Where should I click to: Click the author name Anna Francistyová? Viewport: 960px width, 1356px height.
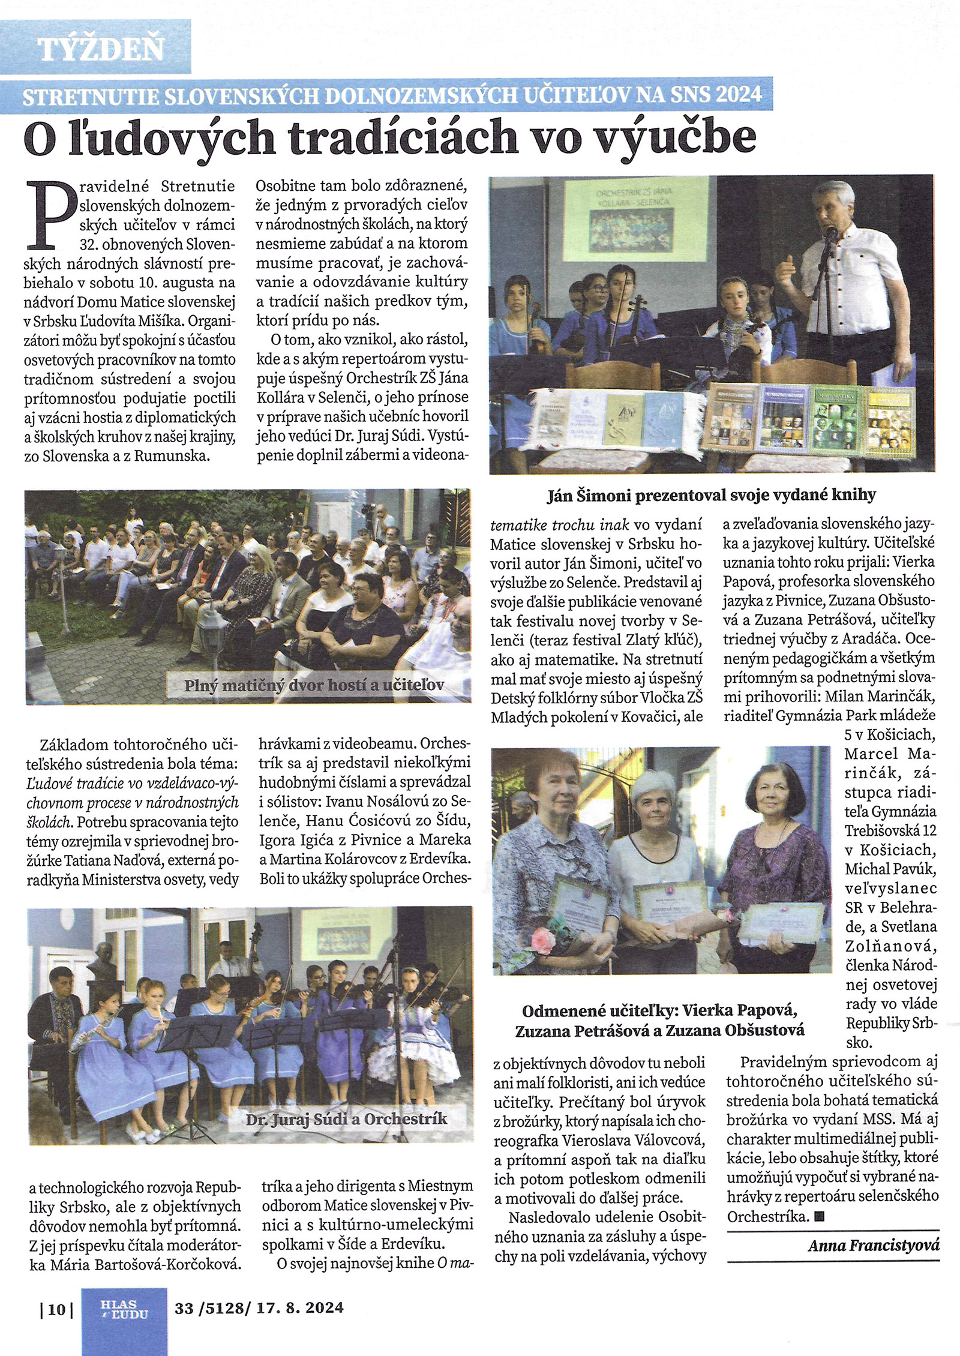coord(873,1246)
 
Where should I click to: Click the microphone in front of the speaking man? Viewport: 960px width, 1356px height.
coord(831,234)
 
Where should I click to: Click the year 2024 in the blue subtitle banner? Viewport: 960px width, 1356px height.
coord(737,95)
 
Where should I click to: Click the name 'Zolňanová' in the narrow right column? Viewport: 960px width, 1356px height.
coord(890,947)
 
